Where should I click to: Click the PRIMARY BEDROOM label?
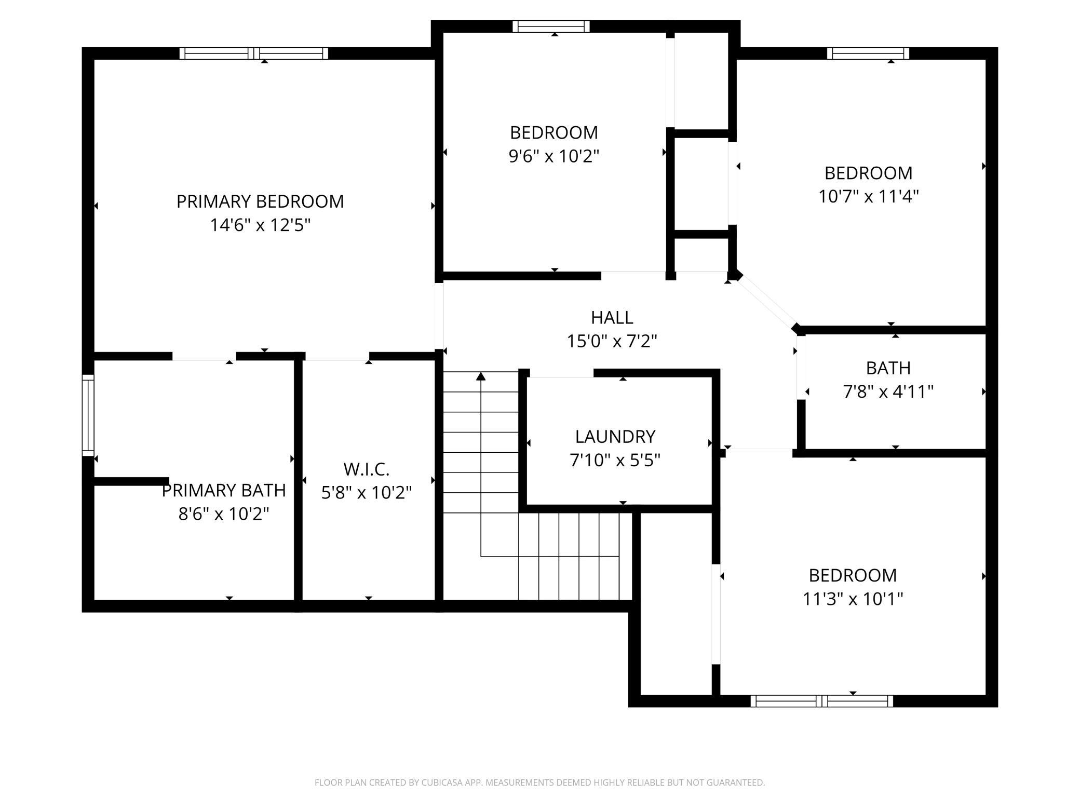(x=260, y=201)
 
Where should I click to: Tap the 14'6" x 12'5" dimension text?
(x=260, y=225)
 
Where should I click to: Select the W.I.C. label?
(x=366, y=469)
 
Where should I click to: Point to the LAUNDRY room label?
(x=615, y=437)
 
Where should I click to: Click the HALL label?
(x=612, y=317)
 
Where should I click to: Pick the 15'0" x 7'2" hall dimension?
(x=612, y=341)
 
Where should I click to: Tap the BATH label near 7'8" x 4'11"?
(x=888, y=368)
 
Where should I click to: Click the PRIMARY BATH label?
(x=224, y=490)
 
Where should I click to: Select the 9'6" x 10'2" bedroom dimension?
(x=554, y=156)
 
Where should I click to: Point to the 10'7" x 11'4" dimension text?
(x=869, y=196)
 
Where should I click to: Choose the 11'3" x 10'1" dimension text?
(x=853, y=599)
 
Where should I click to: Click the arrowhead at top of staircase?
(x=481, y=376)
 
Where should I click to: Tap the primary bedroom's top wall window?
(x=254, y=53)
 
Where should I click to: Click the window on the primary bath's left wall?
(x=88, y=415)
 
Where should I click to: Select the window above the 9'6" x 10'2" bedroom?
(x=551, y=26)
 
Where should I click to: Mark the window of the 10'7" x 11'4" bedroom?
(x=868, y=53)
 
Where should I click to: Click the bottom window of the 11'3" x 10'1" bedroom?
(x=821, y=701)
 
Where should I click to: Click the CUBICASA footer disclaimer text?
(x=539, y=782)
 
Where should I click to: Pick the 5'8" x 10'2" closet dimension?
(x=366, y=492)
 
